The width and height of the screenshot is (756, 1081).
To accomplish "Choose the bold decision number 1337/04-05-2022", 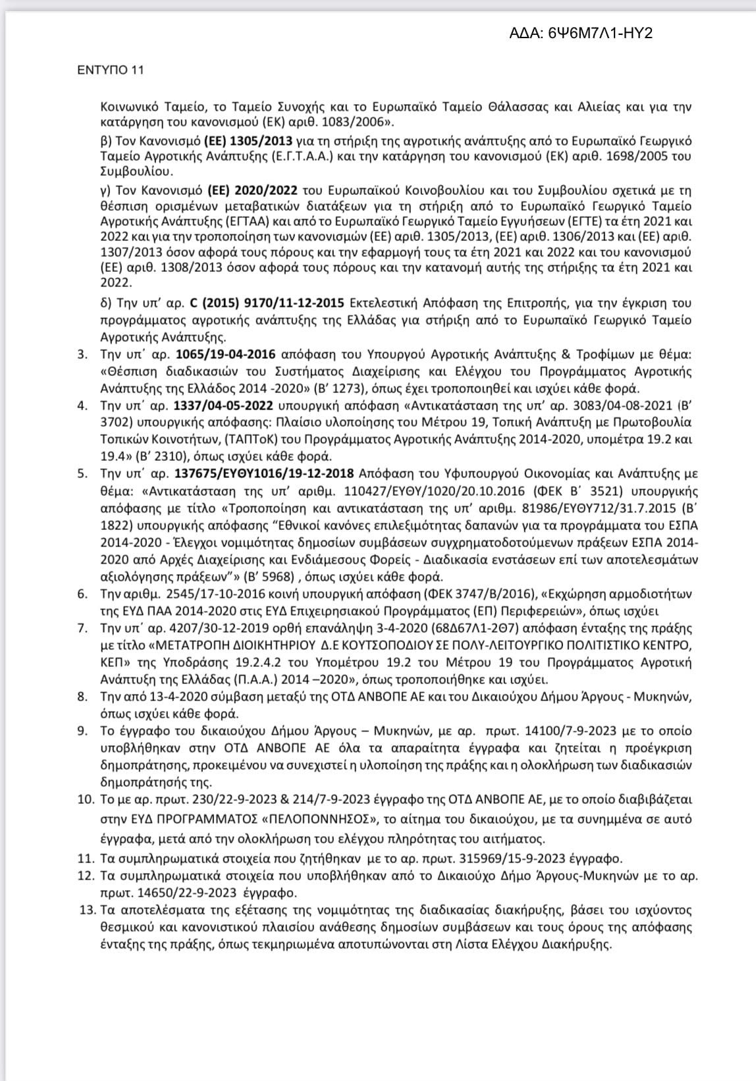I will click(225, 406).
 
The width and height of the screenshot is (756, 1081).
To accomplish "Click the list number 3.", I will click(82, 355).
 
